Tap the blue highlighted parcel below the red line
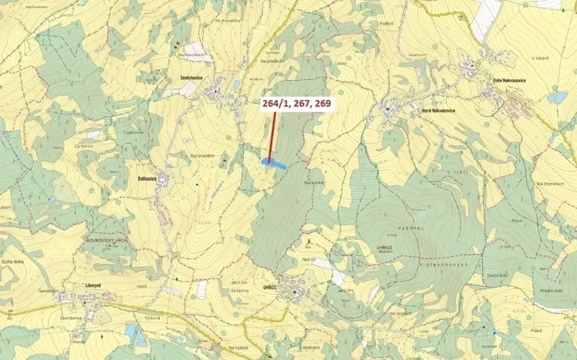pos(274,163)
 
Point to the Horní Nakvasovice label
pos(428,111)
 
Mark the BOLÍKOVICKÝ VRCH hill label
pos(97,240)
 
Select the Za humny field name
pos(239,292)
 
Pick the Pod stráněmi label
pos(202,155)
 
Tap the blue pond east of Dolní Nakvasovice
pos(556,98)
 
